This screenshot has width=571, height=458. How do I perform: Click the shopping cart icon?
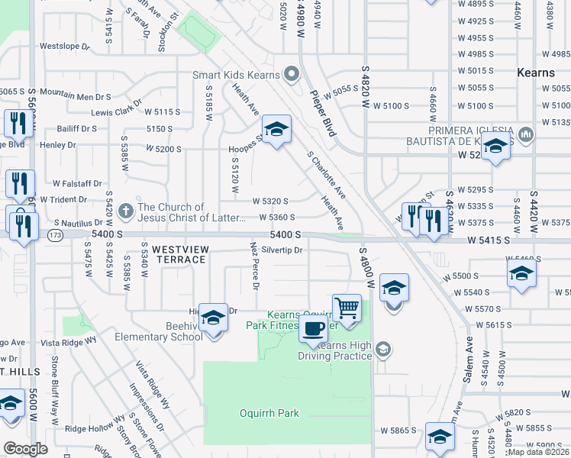point(347,308)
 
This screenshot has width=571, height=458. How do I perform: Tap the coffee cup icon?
point(314,329)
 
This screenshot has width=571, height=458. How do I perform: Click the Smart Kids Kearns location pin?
point(291,74)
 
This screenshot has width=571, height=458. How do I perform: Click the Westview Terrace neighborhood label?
point(179,254)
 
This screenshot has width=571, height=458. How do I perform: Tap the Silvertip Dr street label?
point(282,250)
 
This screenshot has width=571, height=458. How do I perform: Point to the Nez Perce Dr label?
point(255,266)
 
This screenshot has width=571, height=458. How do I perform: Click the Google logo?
point(26,449)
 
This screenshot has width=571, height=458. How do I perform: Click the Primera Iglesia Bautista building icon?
point(525,135)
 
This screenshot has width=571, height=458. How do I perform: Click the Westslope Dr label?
point(65,46)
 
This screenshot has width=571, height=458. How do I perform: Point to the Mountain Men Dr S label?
point(75,95)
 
